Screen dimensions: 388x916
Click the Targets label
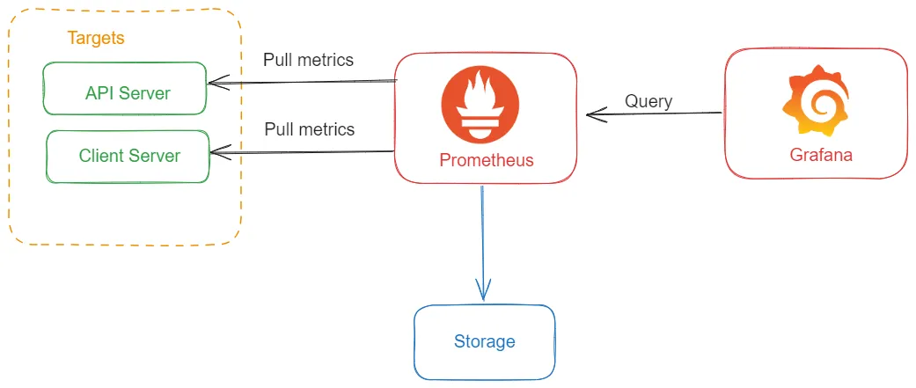96,39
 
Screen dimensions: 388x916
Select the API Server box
125,89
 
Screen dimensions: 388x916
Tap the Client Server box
128,157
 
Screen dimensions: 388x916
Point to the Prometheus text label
486,161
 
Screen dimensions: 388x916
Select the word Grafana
820,156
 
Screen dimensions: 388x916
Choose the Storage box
484,341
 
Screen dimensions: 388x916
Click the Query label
649,101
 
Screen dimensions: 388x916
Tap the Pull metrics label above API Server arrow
308,61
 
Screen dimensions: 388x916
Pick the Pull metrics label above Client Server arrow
310,129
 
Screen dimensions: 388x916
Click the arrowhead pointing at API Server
214,84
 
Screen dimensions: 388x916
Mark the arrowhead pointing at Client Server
216,153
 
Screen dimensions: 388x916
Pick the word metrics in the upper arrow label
326,61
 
